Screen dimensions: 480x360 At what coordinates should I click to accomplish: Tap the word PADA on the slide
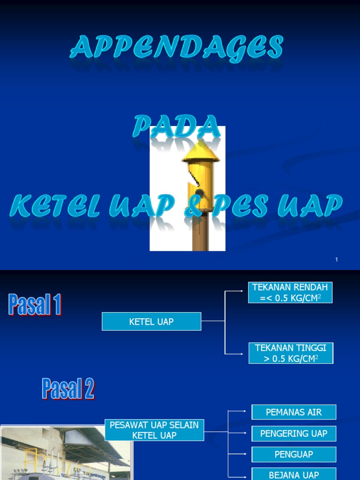[176, 127]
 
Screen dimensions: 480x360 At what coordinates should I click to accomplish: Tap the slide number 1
[337, 260]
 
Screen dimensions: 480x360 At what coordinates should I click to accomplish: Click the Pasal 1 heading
[35, 304]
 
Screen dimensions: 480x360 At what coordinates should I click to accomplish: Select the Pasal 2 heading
[68, 389]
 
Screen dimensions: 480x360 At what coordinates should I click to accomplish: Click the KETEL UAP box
[151, 322]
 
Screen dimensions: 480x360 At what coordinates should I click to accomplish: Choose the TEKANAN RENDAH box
[290, 292]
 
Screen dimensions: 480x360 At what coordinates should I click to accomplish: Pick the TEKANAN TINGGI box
[291, 353]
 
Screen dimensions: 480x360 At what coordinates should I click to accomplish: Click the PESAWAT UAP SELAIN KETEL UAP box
[154, 430]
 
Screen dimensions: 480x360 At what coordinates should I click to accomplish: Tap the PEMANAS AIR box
[294, 412]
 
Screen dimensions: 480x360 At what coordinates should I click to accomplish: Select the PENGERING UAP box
[294, 434]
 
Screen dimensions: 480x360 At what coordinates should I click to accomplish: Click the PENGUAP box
[294, 454]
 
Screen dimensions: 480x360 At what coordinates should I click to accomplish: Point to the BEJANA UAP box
[294, 474]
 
